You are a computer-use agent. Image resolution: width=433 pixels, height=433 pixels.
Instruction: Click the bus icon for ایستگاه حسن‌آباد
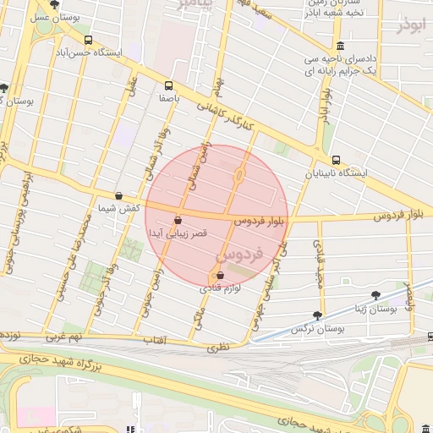[x=89, y=40]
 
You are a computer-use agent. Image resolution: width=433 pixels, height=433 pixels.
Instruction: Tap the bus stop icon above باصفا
[x=168, y=85]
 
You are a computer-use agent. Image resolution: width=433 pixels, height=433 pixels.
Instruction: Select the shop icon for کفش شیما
[x=118, y=195]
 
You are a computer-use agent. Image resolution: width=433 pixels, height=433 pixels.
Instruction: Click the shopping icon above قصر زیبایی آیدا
[x=178, y=220]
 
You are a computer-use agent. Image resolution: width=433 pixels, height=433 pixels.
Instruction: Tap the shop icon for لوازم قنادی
[x=221, y=276]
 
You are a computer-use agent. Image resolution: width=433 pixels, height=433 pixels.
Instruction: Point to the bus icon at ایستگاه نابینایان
[x=336, y=160]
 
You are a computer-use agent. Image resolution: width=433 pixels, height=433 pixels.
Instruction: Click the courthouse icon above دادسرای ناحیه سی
[x=340, y=46]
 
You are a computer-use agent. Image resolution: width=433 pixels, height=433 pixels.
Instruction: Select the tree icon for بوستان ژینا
[x=375, y=295]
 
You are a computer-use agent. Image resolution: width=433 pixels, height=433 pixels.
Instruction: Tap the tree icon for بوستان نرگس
[x=318, y=314]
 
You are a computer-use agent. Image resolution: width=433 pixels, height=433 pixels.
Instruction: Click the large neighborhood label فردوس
[x=240, y=253]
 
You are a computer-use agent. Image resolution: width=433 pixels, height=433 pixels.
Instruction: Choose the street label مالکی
[x=199, y=320]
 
